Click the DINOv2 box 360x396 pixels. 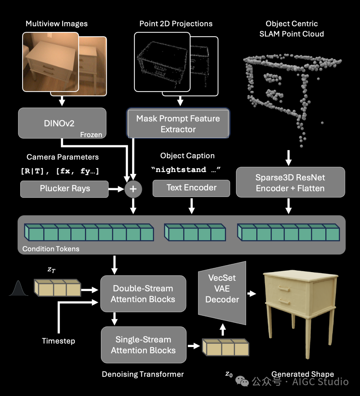(62, 123)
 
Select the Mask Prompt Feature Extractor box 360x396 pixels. (178, 124)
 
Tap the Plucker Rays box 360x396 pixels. (64, 189)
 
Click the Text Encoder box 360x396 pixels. (191, 188)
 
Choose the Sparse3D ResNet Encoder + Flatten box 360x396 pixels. (290, 183)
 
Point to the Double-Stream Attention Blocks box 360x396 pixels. (143, 294)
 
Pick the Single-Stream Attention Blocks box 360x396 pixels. (143, 345)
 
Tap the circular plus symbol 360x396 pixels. (133, 189)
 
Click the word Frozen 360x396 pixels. (91, 135)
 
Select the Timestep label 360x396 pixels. (58, 341)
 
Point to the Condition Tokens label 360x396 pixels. (51, 249)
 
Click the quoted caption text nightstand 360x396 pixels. (181, 170)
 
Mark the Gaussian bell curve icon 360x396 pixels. (18, 289)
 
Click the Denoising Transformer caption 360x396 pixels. (143, 374)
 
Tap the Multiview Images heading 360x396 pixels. (57, 24)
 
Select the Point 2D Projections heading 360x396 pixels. (176, 24)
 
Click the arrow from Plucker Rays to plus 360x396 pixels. (116, 189)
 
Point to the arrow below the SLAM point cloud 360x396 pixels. (289, 158)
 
